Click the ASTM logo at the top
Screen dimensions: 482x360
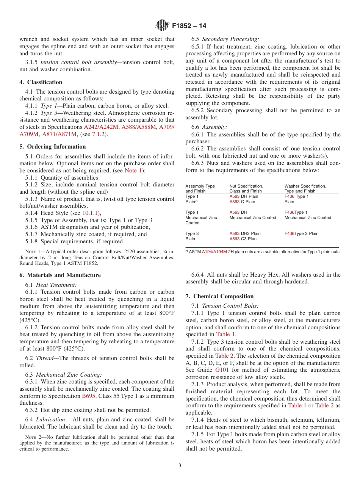pyautogui.click(x=162, y=26)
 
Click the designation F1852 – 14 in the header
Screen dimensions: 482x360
pyautogui.click(x=189, y=26)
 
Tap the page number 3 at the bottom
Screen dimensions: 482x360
pyautogui.click(x=180, y=465)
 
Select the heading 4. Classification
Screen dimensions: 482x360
pyautogui.click(x=41, y=82)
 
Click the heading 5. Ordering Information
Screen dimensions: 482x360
pyautogui.click(x=53, y=147)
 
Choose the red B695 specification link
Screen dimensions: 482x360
pyautogui.click(x=89, y=396)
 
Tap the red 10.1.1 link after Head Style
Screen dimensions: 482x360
pyautogui.click(x=90, y=213)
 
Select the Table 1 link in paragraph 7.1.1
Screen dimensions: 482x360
pyautogui.click(x=225, y=334)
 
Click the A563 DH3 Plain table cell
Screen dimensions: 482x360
pyautogui.click(x=245, y=234)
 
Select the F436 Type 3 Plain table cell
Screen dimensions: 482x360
pyautogui.click(x=301, y=234)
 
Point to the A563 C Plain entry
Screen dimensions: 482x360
pyautogui.click(x=242, y=202)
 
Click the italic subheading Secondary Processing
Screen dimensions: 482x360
pyautogui.click(x=230, y=39)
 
